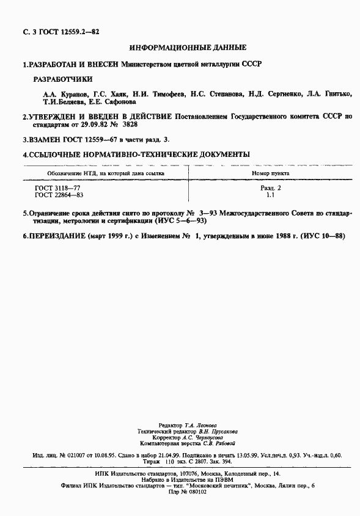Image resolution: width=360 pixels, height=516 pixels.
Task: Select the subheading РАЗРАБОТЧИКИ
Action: (62, 79)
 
